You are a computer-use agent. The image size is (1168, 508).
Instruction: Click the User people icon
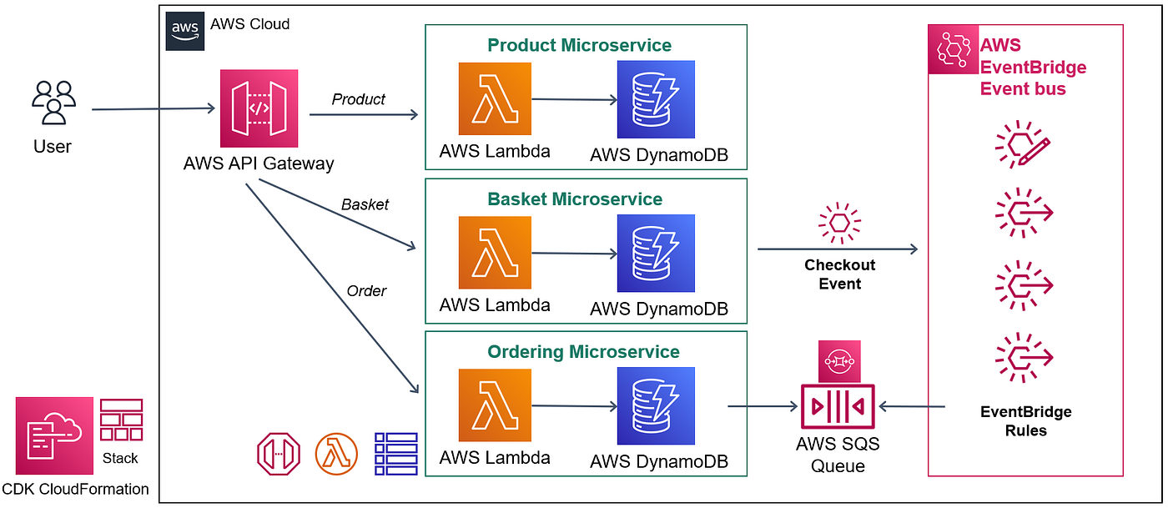click(x=53, y=103)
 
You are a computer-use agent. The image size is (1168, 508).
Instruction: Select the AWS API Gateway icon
click(x=259, y=108)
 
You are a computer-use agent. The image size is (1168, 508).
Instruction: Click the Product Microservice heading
click(x=579, y=45)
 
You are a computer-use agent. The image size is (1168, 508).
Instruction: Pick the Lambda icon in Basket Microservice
click(x=495, y=253)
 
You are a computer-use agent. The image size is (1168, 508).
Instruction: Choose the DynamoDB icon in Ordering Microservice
click(x=656, y=406)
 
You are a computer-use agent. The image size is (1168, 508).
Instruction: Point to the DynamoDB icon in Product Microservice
click(x=656, y=99)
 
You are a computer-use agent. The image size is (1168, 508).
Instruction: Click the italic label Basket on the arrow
click(x=365, y=204)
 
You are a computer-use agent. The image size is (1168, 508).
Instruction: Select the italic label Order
click(x=366, y=291)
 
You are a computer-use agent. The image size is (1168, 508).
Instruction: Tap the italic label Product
click(x=358, y=99)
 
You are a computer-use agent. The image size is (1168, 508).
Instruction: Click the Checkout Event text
click(x=839, y=274)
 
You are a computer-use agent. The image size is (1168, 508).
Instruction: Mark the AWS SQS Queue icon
click(x=837, y=407)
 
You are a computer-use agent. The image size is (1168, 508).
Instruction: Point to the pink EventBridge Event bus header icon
click(x=952, y=50)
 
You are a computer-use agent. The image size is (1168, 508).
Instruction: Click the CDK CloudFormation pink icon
click(x=54, y=435)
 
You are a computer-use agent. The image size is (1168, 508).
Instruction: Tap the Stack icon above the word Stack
click(x=121, y=420)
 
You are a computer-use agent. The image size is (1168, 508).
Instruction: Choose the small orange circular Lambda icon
click(x=336, y=454)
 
